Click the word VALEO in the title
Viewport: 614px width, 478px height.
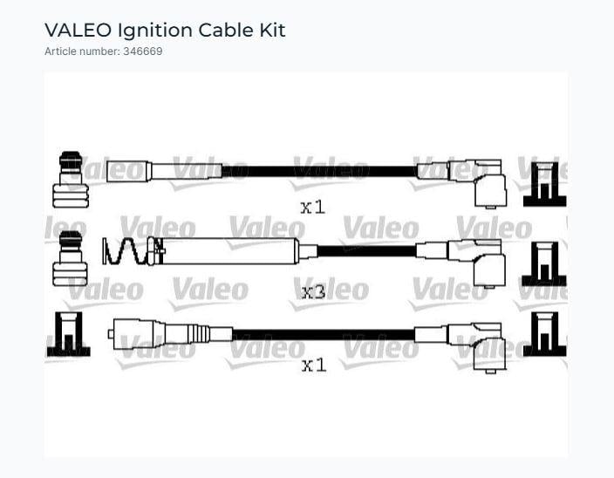[x=78, y=31]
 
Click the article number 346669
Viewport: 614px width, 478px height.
[x=142, y=51]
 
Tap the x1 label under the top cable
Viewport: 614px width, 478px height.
[x=312, y=207]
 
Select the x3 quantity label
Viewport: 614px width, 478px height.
[x=313, y=291]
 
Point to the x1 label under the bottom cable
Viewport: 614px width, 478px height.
[x=313, y=365]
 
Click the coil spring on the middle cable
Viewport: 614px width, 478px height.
[x=122, y=251]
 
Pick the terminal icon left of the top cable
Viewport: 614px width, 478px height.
[x=71, y=181]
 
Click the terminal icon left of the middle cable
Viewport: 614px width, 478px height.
[x=71, y=260]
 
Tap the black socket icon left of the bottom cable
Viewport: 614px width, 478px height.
[x=69, y=334]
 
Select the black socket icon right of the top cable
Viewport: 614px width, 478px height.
[x=544, y=184]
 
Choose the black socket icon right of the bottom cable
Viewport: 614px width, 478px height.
[x=544, y=334]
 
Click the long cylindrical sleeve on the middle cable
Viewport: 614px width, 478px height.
[x=231, y=251]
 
